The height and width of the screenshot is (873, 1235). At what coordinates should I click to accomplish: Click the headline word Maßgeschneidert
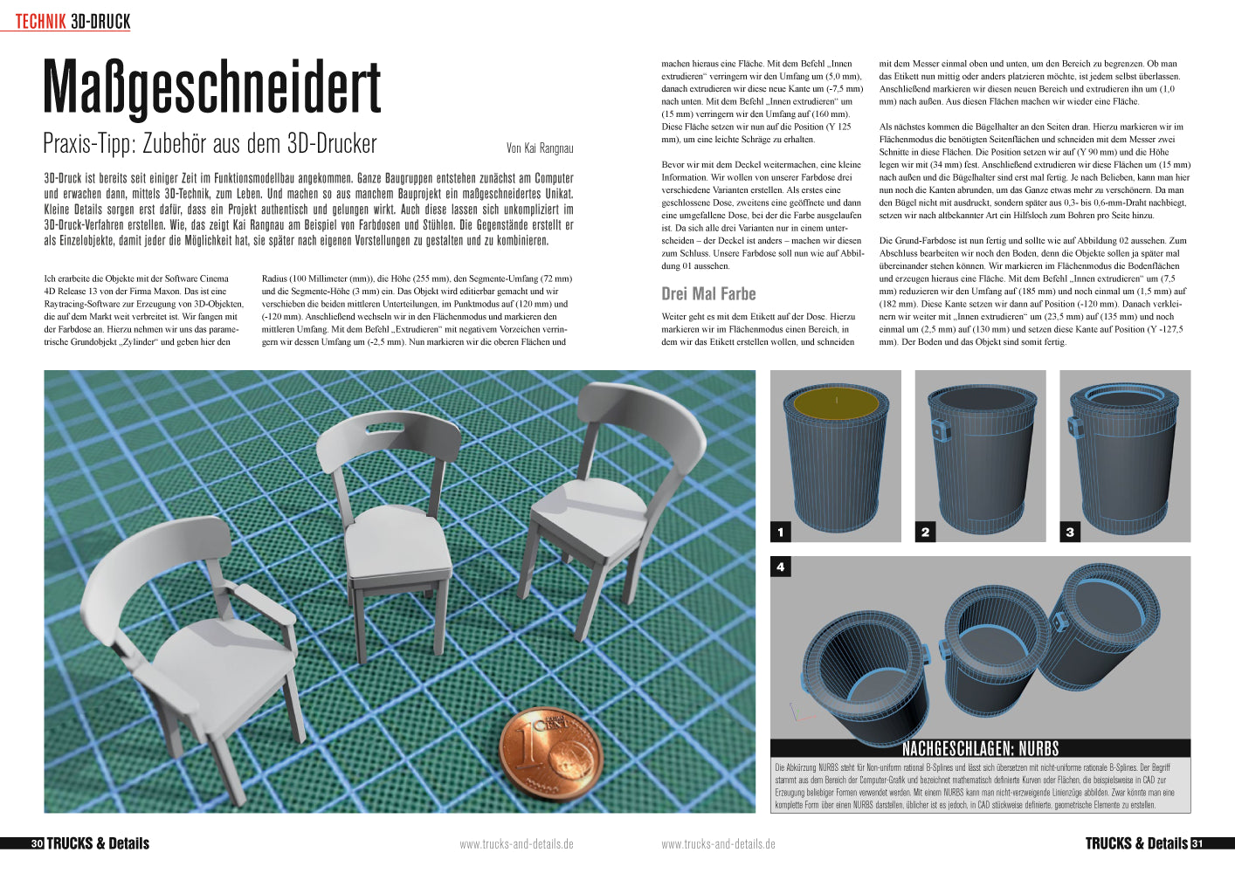[x=212, y=89]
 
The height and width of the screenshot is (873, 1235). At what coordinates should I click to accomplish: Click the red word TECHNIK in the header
[x=41, y=22]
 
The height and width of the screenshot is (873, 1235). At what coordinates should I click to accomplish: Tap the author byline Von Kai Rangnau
[x=540, y=148]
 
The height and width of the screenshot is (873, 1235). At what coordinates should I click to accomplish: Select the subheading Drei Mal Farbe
[x=708, y=293]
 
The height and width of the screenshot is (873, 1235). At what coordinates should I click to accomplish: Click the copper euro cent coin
[x=550, y=753]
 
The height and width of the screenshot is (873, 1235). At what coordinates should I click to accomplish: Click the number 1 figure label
[x=781, y=532]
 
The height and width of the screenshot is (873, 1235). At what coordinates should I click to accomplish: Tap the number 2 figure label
[x=925, y=532]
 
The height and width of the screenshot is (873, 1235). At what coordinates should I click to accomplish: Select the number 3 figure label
[x=1070, y=532]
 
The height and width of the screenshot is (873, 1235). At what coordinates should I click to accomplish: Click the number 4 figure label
[x=781, y=567]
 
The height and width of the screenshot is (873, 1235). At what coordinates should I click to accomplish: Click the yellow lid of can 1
[x=836, y=403]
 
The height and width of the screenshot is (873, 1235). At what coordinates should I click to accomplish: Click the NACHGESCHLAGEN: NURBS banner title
[x=980, y=748]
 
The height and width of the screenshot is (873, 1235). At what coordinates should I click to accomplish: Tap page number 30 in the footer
[x=37, y=843]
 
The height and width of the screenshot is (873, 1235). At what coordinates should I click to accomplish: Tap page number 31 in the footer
[x=1197, y=843]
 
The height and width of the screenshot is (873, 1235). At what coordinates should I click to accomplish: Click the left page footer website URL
[x=516, y=844]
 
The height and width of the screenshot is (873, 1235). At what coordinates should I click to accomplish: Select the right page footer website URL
[x=718, y=844]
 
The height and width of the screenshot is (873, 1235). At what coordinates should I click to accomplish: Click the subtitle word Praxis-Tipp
[x=86, y=143]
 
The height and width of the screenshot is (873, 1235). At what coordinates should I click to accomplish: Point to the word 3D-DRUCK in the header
[x=100, y=22]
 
